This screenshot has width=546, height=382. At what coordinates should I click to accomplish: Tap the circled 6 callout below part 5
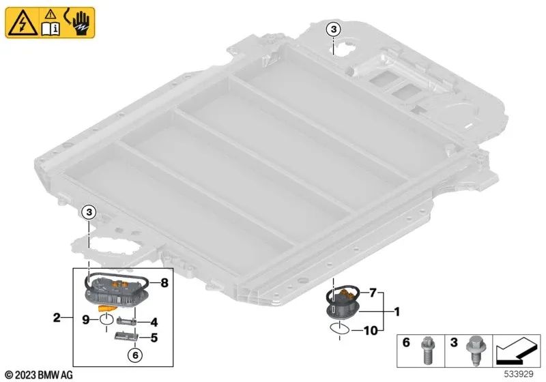pos(135,354)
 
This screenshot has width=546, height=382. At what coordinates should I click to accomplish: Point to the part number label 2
pos(57,317)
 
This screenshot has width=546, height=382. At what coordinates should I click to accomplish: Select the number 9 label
pos(85,318)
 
